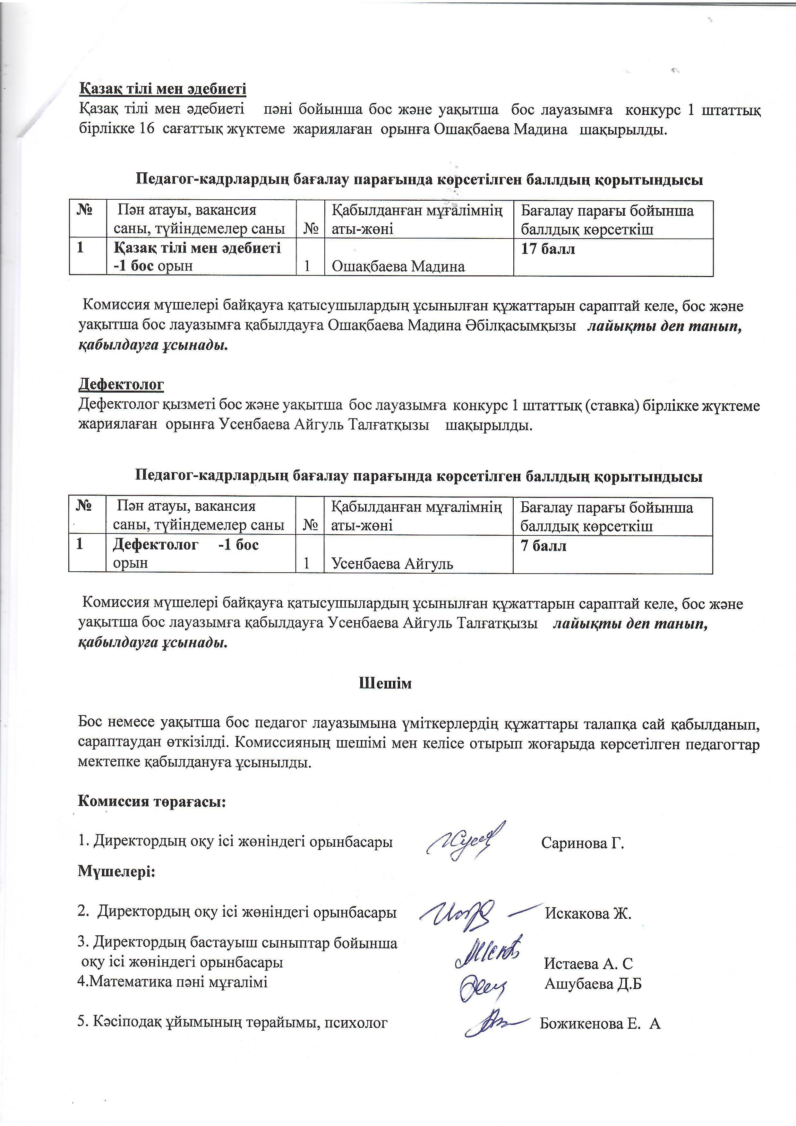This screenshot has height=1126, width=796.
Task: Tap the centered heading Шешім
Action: (386, 683)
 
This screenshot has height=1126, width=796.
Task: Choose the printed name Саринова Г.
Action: (582, 844)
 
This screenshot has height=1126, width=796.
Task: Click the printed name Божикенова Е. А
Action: (600, 1024)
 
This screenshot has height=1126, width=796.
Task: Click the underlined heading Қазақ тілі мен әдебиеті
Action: (163, 89)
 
